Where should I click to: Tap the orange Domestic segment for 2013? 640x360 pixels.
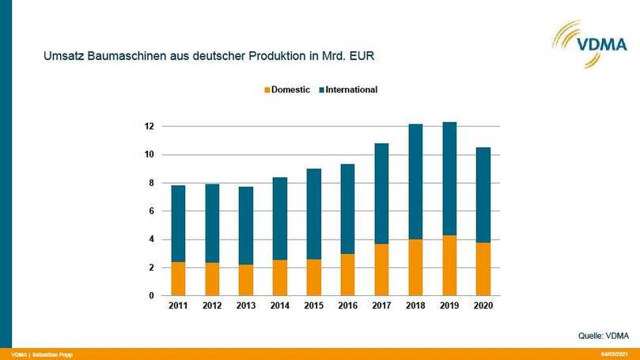click(x=246, y=280)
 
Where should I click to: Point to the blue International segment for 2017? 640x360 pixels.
click(x=381, y=193)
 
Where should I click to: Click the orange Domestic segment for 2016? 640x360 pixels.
click(x=347, y=275)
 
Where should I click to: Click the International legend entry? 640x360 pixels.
click(x=350, y=90)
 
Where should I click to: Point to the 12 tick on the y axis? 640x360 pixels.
click(x=148, y=127)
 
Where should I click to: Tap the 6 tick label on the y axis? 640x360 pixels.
click(x=150, y=211)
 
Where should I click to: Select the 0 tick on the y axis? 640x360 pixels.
click(x=150, y=296)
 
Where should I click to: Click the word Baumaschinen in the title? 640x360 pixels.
click(x=118, y=57)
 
